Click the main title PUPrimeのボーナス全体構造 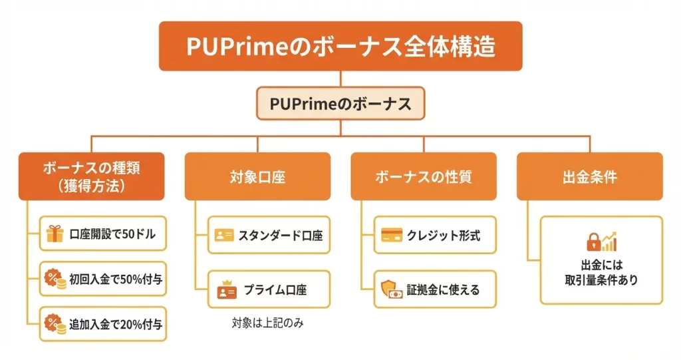coord(340,47)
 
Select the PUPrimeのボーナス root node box coord(340,104)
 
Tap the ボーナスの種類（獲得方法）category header coord(91,176)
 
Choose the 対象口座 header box coord(257,177)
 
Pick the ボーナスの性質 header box coord(424,177)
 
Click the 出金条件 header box coord(589,177)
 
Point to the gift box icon coord(55,234)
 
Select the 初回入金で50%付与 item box coord(102,279)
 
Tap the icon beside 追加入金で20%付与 coord(55,324)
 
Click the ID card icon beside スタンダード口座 coord(224,235)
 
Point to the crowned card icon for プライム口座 coord(225,289)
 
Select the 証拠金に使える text coord(443,290)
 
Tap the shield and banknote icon coord(390,289)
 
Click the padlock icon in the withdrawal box coord(592,241)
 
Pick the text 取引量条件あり coord(601,280)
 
